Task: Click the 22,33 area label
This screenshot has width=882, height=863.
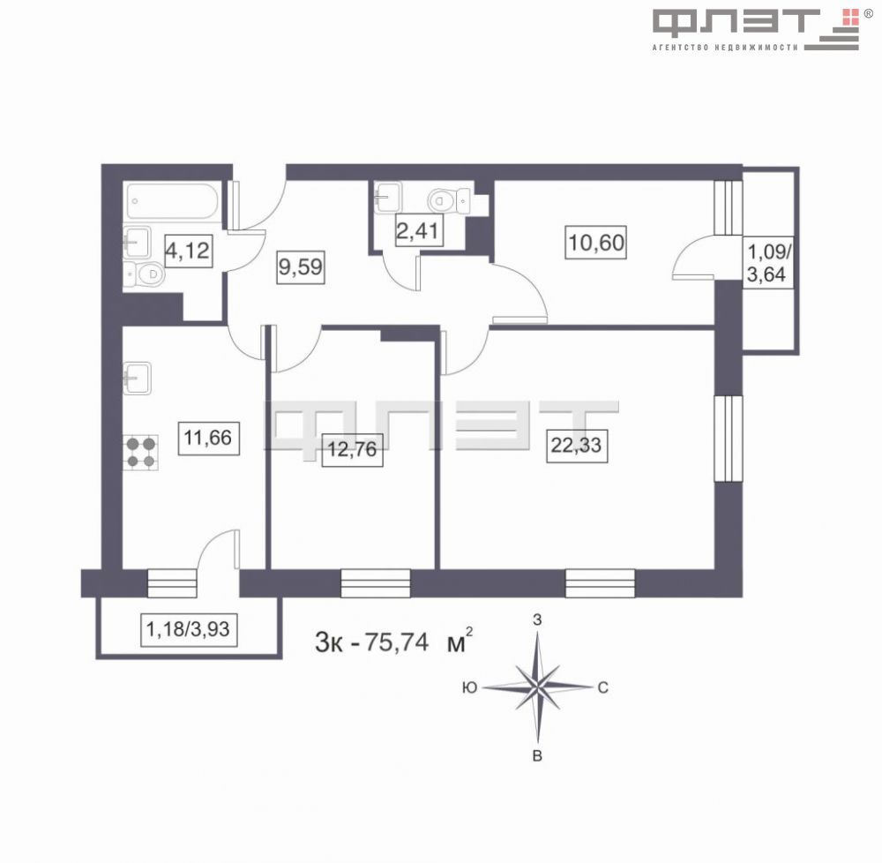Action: (576, 446)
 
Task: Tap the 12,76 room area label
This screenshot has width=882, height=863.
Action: (352, 449)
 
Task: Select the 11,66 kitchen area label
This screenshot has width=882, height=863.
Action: (209, 436)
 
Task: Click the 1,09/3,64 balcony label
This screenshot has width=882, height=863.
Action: (766, 263)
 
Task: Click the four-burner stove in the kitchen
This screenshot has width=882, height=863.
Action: (140, 452)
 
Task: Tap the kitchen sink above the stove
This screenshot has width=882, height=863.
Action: (137, 378)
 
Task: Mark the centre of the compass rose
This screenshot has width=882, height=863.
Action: (537, 686)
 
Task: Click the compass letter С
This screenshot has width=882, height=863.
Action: (602, 688)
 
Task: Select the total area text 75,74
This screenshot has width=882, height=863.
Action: (401, 642)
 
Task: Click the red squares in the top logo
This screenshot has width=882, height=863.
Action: (850, 15)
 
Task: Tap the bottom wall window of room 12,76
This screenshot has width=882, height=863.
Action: (375, 583)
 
